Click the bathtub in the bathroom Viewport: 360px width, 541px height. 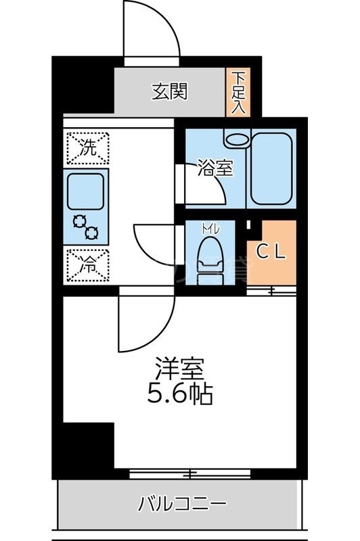tap(272, 168)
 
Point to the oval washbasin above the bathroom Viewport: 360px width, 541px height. tap(237, 139)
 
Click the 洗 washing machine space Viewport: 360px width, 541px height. tap(88, 147)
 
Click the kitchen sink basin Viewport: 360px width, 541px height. tap(87, 191)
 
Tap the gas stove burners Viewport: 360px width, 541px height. tap(86, 227)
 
